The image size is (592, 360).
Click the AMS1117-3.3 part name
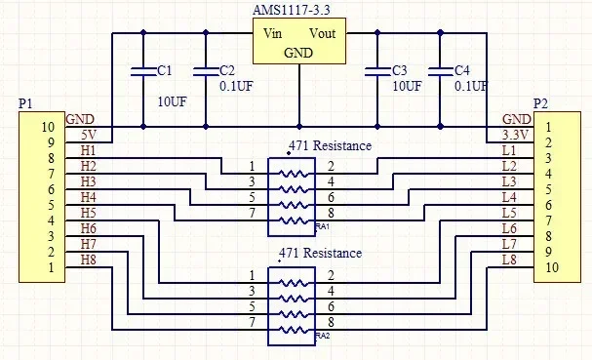click(291, 10)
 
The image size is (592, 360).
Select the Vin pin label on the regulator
click(272, 33)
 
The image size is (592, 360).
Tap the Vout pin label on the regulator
click(322, 33)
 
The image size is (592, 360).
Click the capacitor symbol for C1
click(143, 72)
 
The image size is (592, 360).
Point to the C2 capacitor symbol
click(206, 72)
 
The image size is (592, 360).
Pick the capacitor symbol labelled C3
click(377, 72)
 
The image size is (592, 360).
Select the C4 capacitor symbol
click(440, 72)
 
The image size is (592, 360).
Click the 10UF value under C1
click(173, 101)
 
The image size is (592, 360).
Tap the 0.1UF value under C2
click(236, 86)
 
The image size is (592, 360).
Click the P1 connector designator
click(25, 103)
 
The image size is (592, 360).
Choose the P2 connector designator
click(540, 103)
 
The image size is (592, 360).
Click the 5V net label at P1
click(89, 135)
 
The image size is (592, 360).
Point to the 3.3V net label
click(515, 135)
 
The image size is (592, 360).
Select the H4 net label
click(89, 197)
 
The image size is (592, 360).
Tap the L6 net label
click(509, 228)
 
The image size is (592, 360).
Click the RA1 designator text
click(323, 226)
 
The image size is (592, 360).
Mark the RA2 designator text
click(323, 336)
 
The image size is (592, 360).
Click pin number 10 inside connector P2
click(552, 267)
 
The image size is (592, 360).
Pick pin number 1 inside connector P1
click(51, 267)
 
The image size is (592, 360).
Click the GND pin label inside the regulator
click(298, 53)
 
